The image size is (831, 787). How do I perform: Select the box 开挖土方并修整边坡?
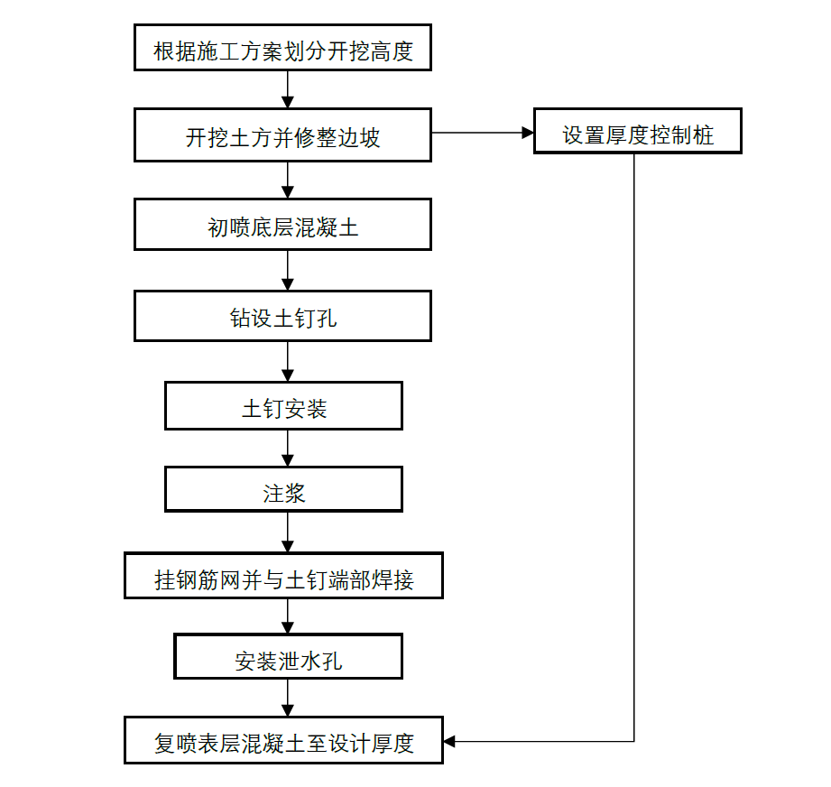pos(282,135)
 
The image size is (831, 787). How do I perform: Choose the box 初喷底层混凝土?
pos(282,225)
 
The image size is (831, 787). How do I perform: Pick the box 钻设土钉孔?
pos(282,316)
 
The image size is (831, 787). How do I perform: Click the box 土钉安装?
pos(283,406)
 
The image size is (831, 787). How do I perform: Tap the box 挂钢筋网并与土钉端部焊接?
pos(283,577)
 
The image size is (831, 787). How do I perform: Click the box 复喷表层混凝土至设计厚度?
pos(283,741)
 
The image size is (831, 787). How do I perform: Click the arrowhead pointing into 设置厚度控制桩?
pos(528,133)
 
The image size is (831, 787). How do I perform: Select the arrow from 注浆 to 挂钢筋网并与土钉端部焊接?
pos(288,532)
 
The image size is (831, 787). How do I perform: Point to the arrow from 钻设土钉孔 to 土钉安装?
pos(288,361)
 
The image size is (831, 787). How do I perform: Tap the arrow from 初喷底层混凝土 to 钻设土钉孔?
pos(288,270)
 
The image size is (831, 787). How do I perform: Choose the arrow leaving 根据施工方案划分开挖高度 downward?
pos(288,89)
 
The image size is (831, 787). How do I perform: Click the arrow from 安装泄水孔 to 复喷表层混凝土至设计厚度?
pos(288,699)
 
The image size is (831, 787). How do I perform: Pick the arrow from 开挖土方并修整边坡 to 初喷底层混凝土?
pos(288,181)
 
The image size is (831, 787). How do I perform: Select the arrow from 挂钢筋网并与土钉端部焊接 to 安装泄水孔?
pos(288,616)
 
